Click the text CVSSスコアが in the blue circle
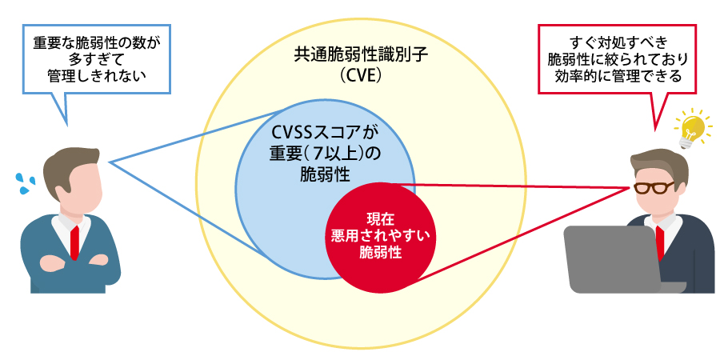coord(324,133)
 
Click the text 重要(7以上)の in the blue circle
coord(324,152)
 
